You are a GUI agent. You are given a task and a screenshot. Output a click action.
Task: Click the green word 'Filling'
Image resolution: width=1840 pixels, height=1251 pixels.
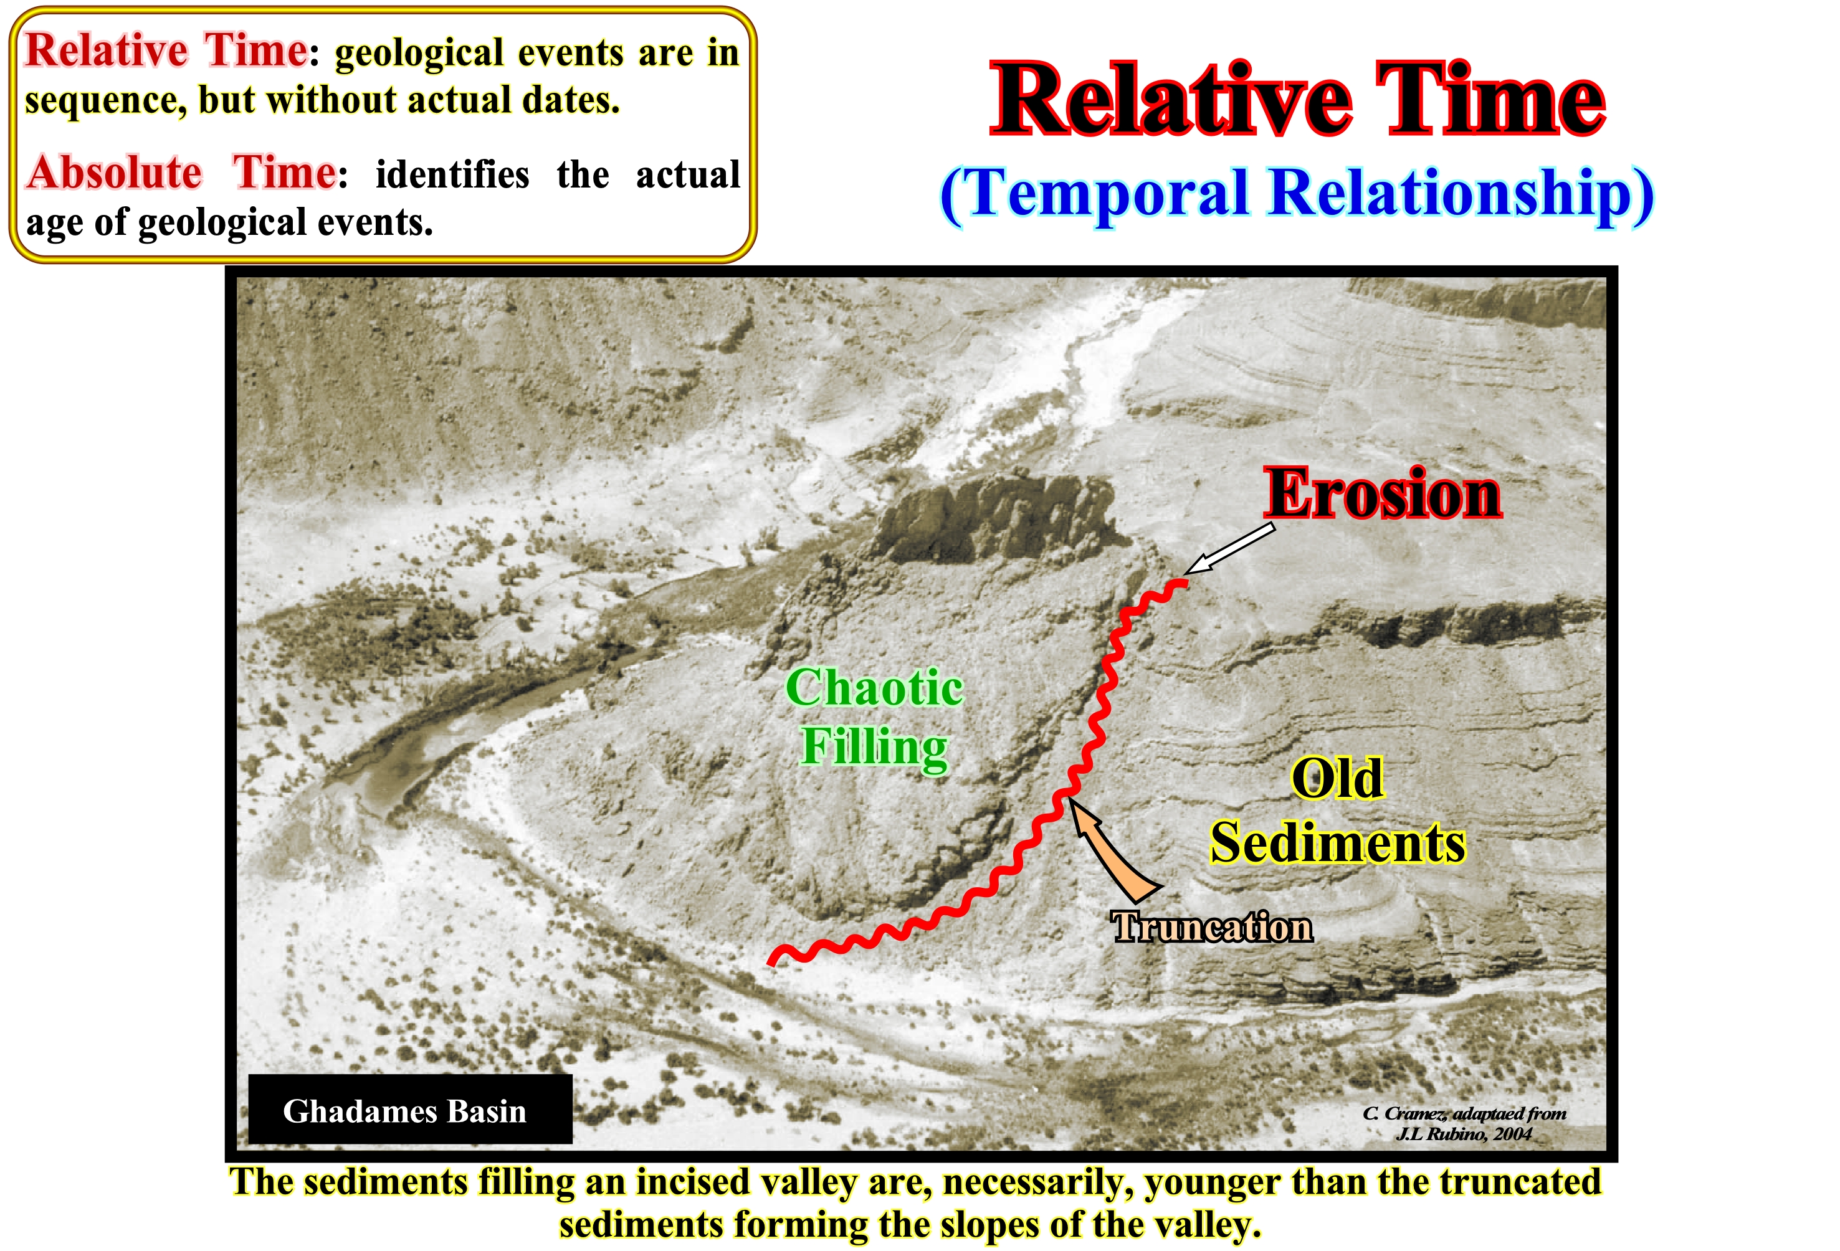(874, 746)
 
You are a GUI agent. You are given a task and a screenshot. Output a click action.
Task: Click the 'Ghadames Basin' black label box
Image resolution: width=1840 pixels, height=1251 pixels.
(410, 1108)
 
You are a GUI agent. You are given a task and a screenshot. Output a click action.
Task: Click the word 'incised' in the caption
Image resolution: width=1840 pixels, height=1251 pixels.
(693, 1182)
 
